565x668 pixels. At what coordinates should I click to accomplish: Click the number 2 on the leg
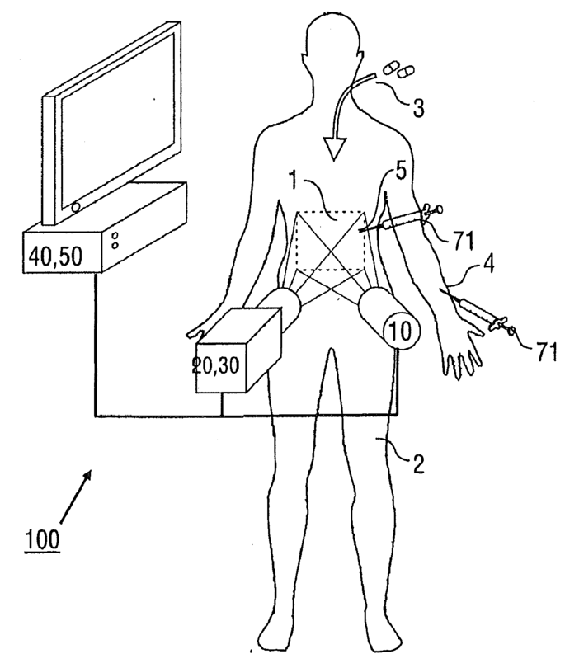pos(418,463)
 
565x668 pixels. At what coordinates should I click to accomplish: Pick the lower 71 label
pos(546,353)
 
